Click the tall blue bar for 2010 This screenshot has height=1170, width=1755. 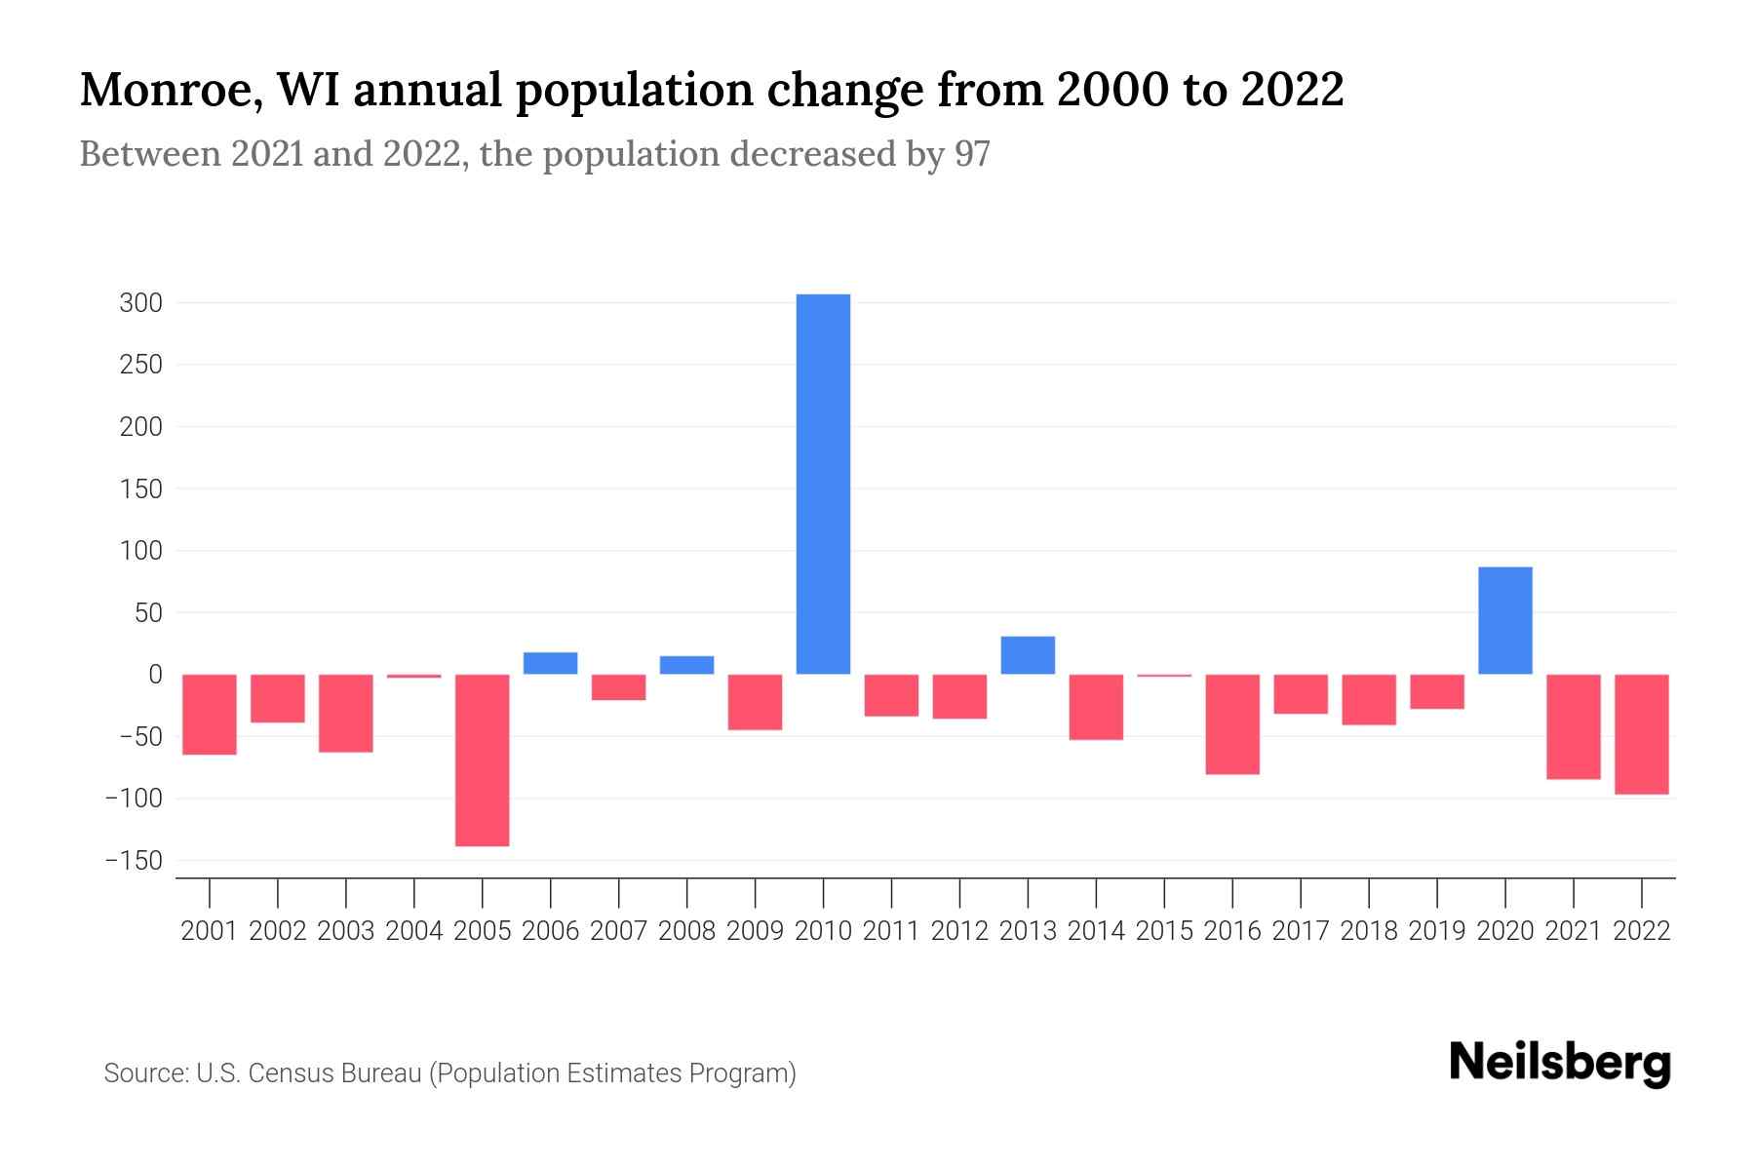click(823, 484)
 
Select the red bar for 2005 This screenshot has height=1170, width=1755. click(483, 760)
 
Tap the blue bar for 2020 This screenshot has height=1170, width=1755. click(1505, 620)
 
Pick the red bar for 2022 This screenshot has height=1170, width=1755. click(1642, 734)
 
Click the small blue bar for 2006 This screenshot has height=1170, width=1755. click(551, 663)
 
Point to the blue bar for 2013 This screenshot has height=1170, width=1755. click(1028, 655)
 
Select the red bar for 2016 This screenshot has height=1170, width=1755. click(1232, 723)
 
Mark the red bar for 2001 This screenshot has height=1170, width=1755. click(210, 714)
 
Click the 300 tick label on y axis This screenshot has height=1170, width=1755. click(140, 303)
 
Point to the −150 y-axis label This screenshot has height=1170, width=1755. click(134, 861)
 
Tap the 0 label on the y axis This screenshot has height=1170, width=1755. click(155, 675)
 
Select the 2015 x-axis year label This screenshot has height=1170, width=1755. click(1164, 931)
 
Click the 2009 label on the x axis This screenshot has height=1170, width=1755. click(756, 931)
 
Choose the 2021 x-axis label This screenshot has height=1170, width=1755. click(1574, 931)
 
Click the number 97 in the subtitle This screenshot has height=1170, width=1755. click(971, 154)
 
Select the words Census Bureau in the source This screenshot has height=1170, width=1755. click(336, 1073)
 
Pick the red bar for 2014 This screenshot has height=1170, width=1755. click(1096, 707)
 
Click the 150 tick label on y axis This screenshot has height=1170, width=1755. click(140, 488)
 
